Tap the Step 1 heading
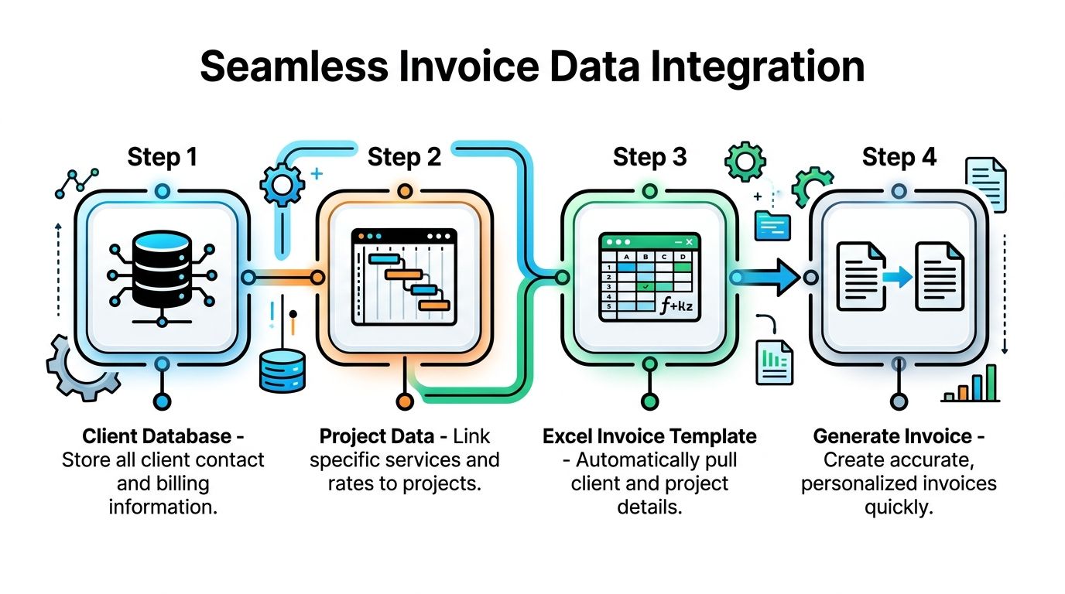tap(162, 157)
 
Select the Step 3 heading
tap(649, 157)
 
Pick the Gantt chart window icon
tap(404, 277)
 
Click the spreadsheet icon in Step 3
tap(649, 277)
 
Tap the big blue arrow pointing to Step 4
tap(766, 277)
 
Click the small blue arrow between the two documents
tap(898, 277)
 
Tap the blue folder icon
tap(772, 225)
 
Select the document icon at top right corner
tap(986, 184)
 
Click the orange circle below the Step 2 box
tap(404, 401)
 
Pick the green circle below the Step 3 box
tap(649, 401)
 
